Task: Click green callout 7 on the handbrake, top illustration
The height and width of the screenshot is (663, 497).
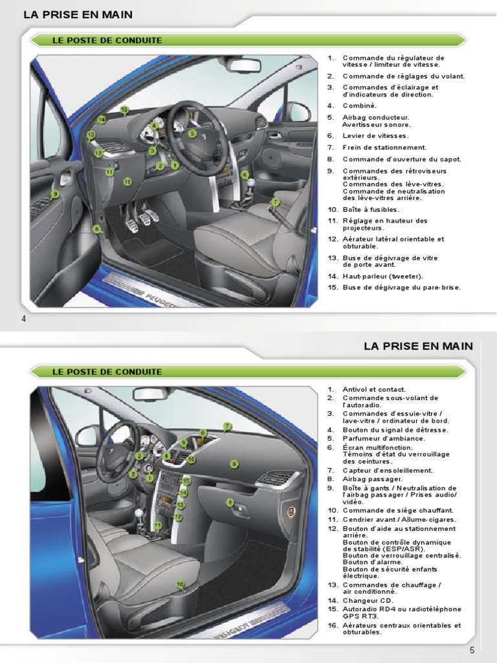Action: [275, 202]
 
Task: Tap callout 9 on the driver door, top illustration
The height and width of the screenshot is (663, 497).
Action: [56, 193]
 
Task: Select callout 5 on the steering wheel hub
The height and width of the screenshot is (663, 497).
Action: [192, 133]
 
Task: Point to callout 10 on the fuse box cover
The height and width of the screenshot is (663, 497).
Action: [127, 182]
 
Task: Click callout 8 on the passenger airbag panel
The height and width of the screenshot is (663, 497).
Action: [234, 464]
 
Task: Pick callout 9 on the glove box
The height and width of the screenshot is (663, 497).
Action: [230, 502]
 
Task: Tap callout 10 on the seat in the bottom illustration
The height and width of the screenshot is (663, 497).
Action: [180, 584]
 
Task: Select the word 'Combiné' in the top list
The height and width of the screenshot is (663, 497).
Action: [359, 105]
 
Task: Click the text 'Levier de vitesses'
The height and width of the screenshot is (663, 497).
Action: [375, 136]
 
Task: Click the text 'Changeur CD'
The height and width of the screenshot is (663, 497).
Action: [368, 601]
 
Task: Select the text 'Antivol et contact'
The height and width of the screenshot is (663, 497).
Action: [374, 390]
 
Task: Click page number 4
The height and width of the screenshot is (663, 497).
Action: [23, 319]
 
